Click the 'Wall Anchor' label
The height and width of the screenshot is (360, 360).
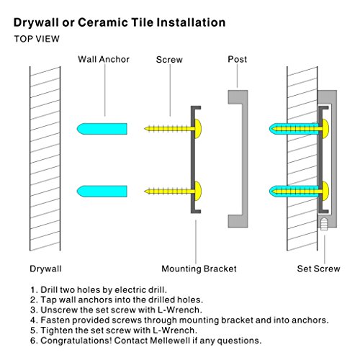tap(104, 59)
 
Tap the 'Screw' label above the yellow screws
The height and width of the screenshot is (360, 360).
tap(169, 60)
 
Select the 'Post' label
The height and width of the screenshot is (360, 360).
tap(237, 59)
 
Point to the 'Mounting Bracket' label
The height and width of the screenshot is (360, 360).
tap(199, 269)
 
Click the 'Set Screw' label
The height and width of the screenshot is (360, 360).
tap(318, 269)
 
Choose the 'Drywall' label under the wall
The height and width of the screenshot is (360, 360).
tap(45, 269)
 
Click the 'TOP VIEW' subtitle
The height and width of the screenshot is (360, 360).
tap(37, 39)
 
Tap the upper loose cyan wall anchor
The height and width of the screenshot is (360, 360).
tap(102, 129)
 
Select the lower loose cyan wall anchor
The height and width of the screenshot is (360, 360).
tap(102, 192)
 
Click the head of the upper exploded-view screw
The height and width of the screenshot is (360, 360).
tap(198, 129)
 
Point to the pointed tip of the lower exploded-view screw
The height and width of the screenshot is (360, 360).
tap(145, 192)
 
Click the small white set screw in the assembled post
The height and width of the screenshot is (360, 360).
tap(324, 224)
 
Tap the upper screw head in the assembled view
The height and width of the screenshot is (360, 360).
tap(325, 129)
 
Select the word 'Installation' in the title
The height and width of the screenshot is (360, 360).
tap(191, 22)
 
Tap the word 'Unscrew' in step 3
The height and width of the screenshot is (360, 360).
tap(59, 310)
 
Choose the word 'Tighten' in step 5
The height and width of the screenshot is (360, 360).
tap(57, 330)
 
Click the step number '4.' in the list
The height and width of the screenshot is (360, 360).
tap(34, 320)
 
